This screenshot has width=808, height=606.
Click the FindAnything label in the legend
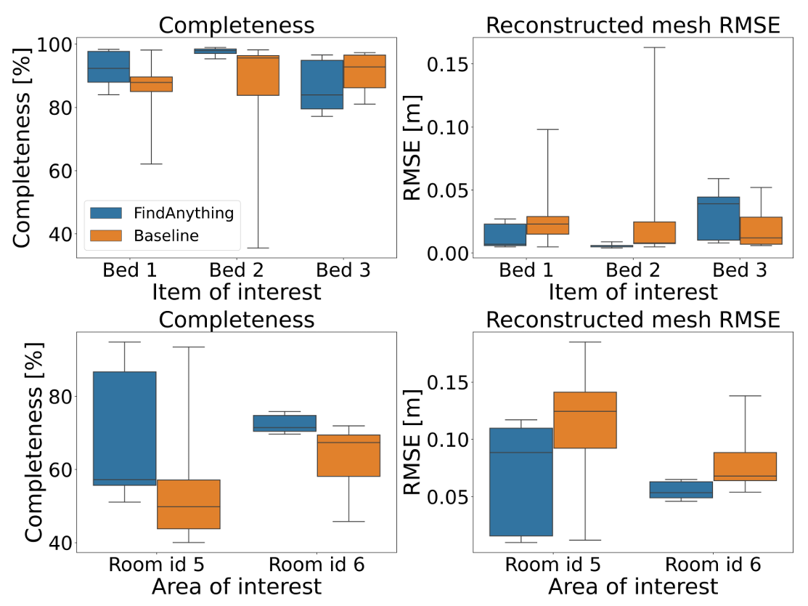tap(184, 213)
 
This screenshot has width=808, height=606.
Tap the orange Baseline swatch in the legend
tap(106, 235)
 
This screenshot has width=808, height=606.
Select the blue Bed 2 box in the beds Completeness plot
tap(215, 51)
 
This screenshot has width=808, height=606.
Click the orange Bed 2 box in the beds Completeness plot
tap(258, 76)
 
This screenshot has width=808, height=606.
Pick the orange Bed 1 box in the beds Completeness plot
tap(151, 84)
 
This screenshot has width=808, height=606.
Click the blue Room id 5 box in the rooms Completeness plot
tap(124, 429)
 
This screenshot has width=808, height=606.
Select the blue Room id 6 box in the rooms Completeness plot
tap(285, 423)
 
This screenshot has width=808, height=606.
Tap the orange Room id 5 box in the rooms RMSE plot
tap(585, 420)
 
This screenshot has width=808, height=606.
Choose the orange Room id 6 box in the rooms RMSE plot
tap(745, 466)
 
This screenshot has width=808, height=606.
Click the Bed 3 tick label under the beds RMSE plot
tap(740, 270)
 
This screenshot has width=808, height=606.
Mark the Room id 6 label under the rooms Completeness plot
tap(317, 565)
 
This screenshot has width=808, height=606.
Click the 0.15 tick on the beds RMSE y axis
tap(447, 65)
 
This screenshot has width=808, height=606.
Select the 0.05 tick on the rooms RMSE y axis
tap(447, 497)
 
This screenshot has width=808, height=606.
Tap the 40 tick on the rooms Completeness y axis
tap(60, 543)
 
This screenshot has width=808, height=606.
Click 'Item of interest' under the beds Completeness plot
tap(237, 292)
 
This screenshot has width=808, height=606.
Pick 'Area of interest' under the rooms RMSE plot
tap(633, 586)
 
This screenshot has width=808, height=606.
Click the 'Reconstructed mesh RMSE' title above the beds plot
tap(633, 25)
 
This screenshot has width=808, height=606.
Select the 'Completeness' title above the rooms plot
tap(237, 320)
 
